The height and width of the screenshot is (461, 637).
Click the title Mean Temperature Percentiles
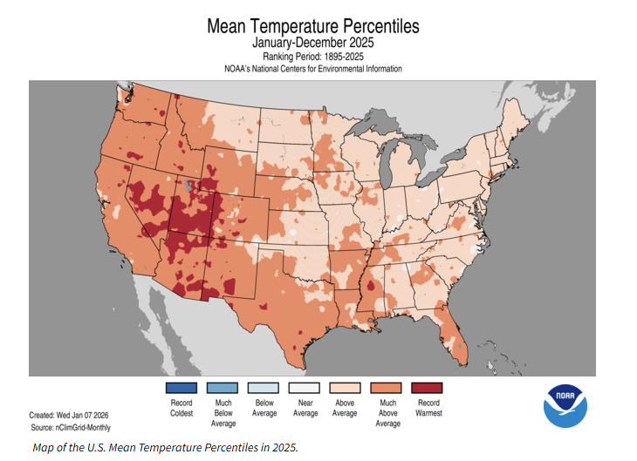pyautogui.click(x=312, y=26)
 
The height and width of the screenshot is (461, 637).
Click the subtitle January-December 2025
pyautogui.click(x=312, y=43)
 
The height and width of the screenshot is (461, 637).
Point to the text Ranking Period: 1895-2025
pyautogui.click(x=312, y=57)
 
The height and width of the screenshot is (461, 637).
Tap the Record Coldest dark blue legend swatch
pyautogui.click(x=182, y=389)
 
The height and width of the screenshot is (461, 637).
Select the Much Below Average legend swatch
pyautogui.click(x=223, y=389)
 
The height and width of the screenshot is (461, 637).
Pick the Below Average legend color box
pyautogui.click(x=264, y=389)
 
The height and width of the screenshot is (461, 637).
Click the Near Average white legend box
pyautogui.click(x=305, y=389)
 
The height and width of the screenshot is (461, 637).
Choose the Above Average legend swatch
pyautogui.click(x=346, y=389)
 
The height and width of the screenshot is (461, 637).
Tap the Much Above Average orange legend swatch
pyautogui.click(x=387, y=389)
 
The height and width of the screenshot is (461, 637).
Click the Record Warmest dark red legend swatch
pyautogui.click(x=428, y=389)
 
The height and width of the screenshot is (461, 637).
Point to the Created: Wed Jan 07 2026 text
pyautogui.click(x=69, y=416)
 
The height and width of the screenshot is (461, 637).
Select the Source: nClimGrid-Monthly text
pyautogui.click(x=71, y=427)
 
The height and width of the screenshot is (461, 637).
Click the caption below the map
pyautogui.click(x=166, y=447)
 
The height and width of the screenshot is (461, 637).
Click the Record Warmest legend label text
pyautogui.click(x=428, y=408)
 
